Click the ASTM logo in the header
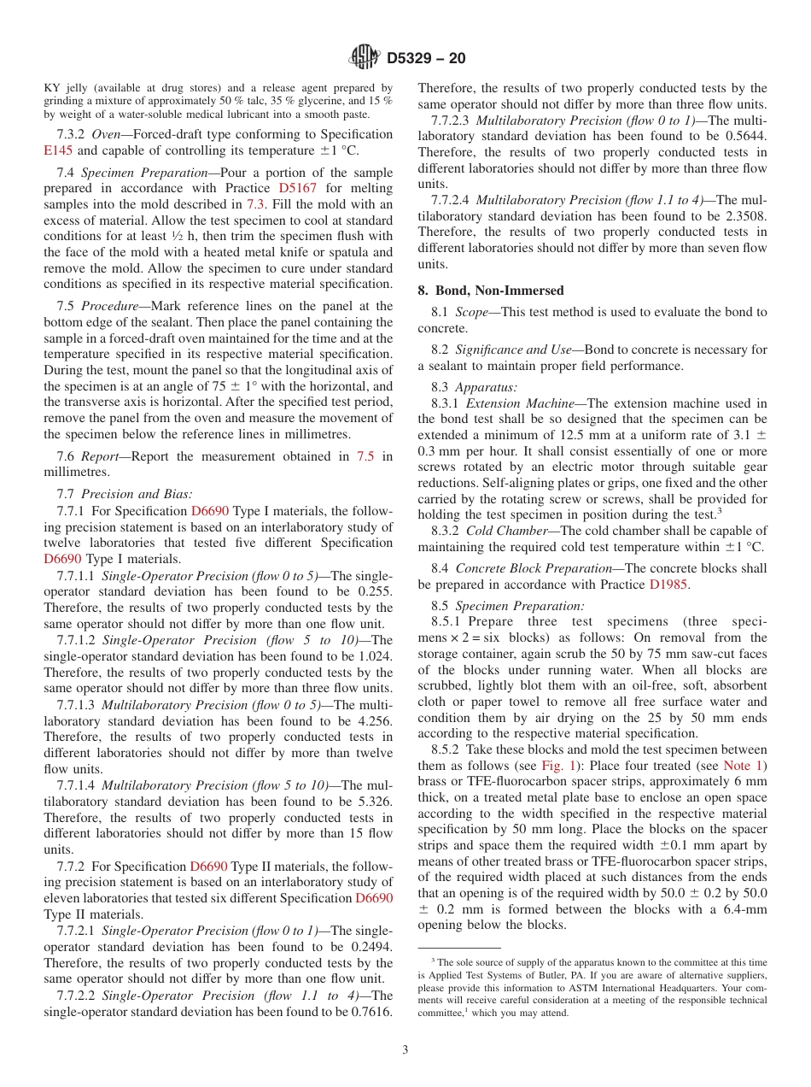365,58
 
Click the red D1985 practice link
668,585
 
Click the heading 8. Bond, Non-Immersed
491,291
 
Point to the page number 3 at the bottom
405,1049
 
